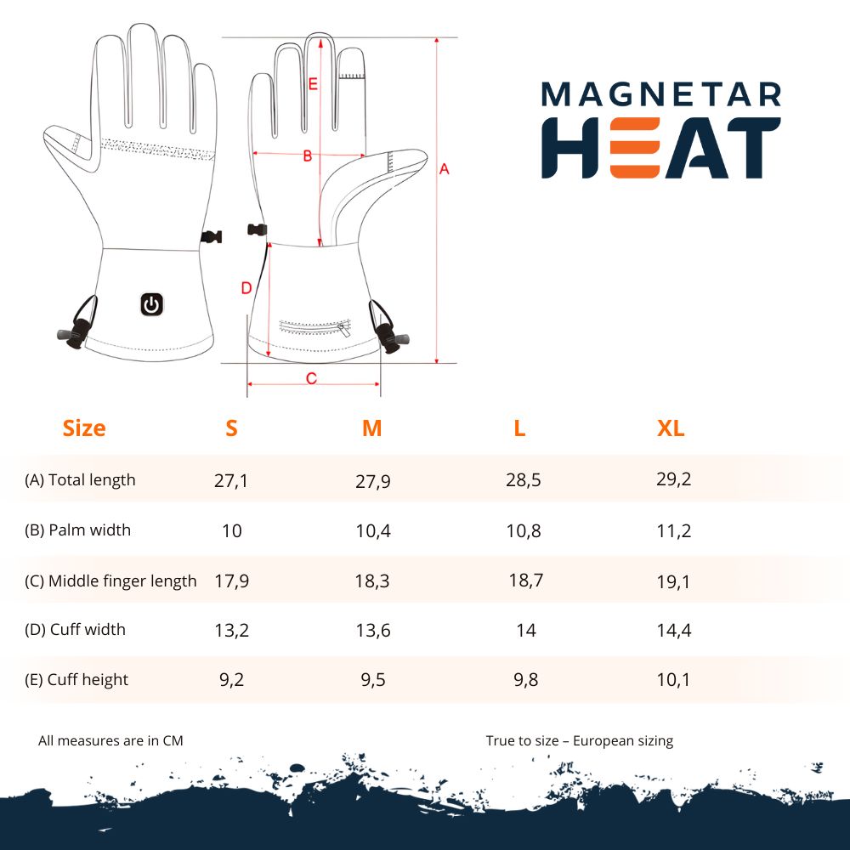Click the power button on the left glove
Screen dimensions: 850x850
tap(152, 304)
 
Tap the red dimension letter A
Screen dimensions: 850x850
tap(444, 169)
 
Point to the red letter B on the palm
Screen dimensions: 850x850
tap(308, 156)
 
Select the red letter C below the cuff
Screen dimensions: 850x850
tap(311, 378)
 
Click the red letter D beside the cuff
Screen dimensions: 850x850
tap(246, 288)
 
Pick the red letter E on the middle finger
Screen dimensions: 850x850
tap(313, 84)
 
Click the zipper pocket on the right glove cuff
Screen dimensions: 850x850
tap(315, 327)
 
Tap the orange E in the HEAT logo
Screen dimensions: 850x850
tap(634, 148)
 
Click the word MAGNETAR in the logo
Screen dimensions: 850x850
tap(661, 94)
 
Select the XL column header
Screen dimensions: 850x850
tap(671, 428)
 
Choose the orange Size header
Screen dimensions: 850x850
tap(84, 428)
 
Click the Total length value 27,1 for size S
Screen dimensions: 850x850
tap(231, 480)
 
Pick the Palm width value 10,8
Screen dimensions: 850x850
tap(523, 530)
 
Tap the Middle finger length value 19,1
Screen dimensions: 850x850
tap(673, 581)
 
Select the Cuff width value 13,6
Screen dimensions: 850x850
tap(373, 631)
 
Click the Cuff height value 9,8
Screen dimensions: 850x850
tap(526, 680)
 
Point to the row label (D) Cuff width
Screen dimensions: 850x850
tap(75, 629)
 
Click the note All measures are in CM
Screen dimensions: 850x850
tap(110, 740)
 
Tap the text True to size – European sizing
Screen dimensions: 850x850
tap(580, 741)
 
